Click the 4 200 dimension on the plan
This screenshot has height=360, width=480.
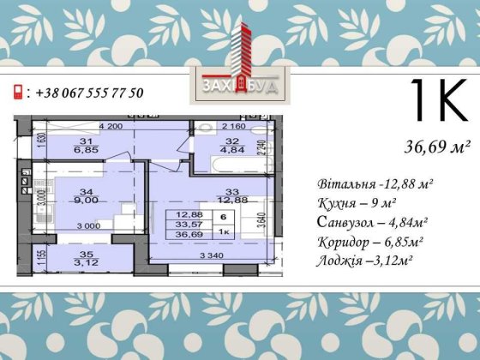pos(111,127)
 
